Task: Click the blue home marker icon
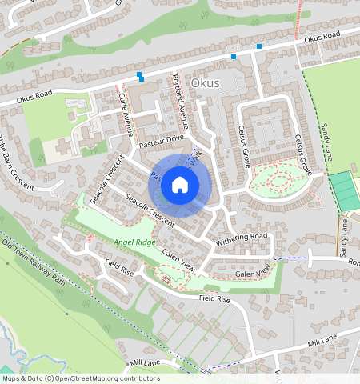[180, 186]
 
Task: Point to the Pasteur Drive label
[162, 139]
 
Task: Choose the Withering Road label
[241, 238]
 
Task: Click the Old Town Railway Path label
[34, 263]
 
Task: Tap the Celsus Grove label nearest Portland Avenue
[245, 145]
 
